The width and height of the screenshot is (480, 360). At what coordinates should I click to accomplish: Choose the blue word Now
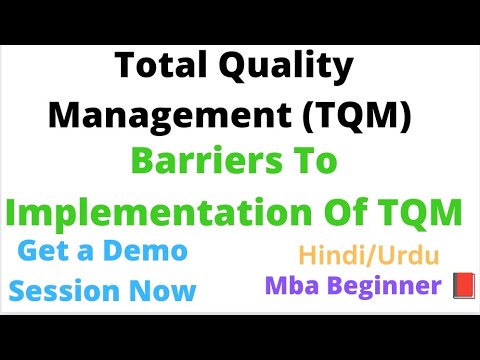tap(164, 291)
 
